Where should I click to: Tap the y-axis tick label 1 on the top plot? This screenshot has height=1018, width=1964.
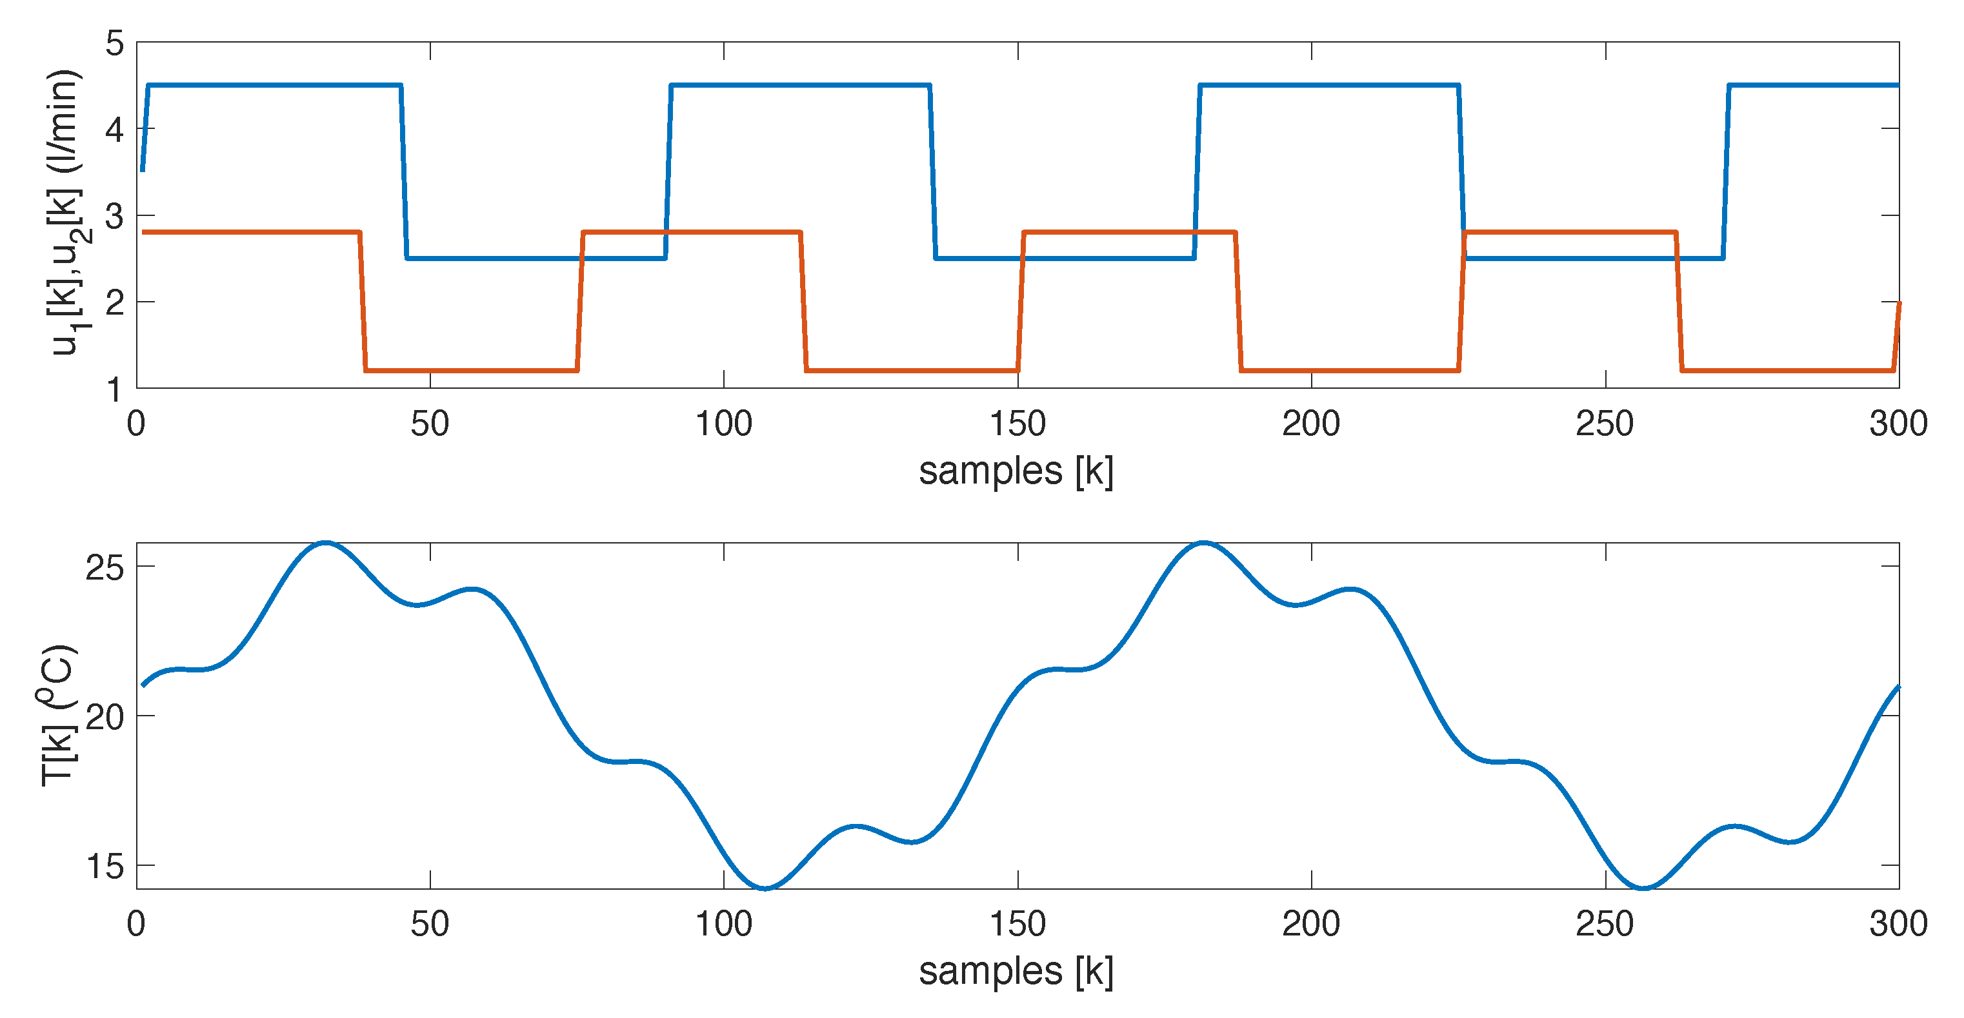click(x=114, y=390)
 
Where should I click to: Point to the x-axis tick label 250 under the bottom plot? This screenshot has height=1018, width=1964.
click(x=1605, y=925)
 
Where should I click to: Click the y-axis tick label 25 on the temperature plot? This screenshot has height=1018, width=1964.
click(x=105, y=568)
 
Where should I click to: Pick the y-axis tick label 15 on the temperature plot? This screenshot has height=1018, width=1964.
click(x=105, y=867)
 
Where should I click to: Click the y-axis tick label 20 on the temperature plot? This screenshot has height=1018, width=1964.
click(x=105, y=717)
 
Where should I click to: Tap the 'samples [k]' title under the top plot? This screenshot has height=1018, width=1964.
click(x=1016, y=471)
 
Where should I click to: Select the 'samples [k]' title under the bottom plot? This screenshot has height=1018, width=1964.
click(x=1016, y=972)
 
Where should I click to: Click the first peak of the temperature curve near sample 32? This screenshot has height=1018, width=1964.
click(x=326, y=543)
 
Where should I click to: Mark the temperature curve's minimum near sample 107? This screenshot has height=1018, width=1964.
click(x=765, y=888)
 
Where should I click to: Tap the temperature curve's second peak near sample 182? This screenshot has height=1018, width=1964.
click(x=1203, y=543)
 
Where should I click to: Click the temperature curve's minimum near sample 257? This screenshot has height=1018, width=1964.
click(x=1644, y=888)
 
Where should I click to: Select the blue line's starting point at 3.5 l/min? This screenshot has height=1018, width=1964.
click(x=143, y=171)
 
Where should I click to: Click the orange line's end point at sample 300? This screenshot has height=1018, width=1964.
click(x=1898, y=303)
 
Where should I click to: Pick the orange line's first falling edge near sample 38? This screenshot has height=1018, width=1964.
click(x=363, y=301)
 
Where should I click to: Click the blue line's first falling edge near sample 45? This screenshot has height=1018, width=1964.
click(x=404, y=172)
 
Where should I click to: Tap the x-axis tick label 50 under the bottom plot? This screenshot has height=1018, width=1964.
click(x=429, y=925)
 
